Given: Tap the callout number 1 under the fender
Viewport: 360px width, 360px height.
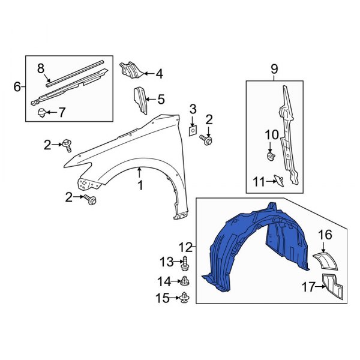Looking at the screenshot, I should pyautogui.click(x=140, y=186).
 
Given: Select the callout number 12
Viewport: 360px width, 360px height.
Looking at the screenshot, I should pyautogui.click(x=186, y=247).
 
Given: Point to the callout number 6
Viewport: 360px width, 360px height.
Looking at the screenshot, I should pyautogui.click(x=17, y=87).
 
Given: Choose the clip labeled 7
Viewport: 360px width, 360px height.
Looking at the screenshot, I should pyautogui.click(x=41, y=112).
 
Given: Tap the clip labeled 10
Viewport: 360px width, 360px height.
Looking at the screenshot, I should pyautogui.click(x=270, y=157).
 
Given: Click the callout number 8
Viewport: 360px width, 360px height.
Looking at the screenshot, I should pyautogui.click(x=41, y=68).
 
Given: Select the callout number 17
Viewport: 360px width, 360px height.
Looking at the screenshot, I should pyautogui.click(x=307, y=287).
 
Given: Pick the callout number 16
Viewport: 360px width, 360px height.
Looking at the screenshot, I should pyautogui.click(x=325, y=235).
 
